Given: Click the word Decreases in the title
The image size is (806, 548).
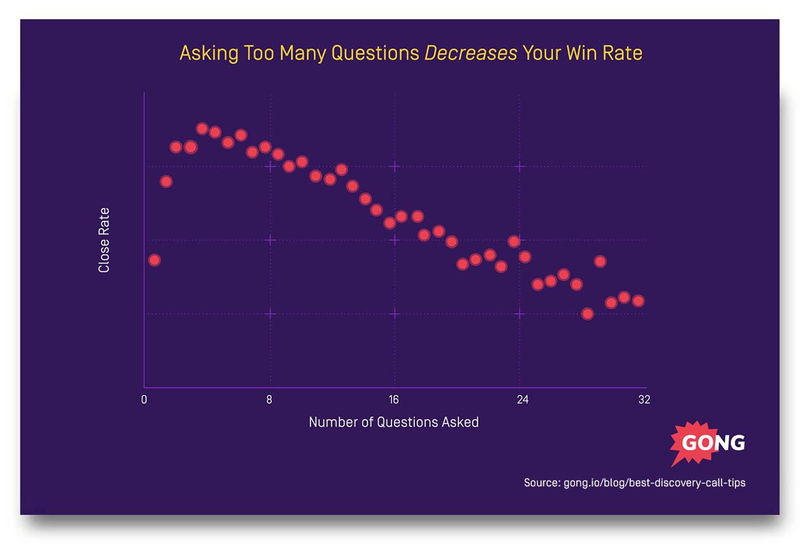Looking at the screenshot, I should pos(470,53).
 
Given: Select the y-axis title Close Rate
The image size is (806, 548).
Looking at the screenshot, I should pos(104,240).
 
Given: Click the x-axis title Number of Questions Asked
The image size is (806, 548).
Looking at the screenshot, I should pos(393,422).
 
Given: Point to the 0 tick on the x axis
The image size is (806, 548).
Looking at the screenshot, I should pos(144,400).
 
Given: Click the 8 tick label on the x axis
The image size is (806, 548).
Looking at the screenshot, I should pos(269,400).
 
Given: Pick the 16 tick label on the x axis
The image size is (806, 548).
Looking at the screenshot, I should pos(394,400).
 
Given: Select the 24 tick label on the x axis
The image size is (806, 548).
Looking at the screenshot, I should pos(519,400).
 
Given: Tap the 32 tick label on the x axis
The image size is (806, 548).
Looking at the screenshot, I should pos(644,400).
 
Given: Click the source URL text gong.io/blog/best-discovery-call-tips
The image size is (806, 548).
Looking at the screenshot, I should pos(654,483).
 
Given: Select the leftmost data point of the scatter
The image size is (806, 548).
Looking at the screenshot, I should pos(154,260).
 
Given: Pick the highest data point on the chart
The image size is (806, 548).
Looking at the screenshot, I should pos(202,129).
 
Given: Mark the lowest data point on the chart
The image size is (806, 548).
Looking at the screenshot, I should pos(588,314).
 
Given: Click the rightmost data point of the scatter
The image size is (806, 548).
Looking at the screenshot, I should pos(638,300).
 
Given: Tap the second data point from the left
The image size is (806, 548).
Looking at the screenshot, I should pos(166,182).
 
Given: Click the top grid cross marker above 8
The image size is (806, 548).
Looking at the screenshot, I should pos(270,166).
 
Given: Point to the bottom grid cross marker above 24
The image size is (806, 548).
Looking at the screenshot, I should pos(520,314).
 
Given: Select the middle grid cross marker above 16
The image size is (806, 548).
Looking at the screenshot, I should pos(395,240).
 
